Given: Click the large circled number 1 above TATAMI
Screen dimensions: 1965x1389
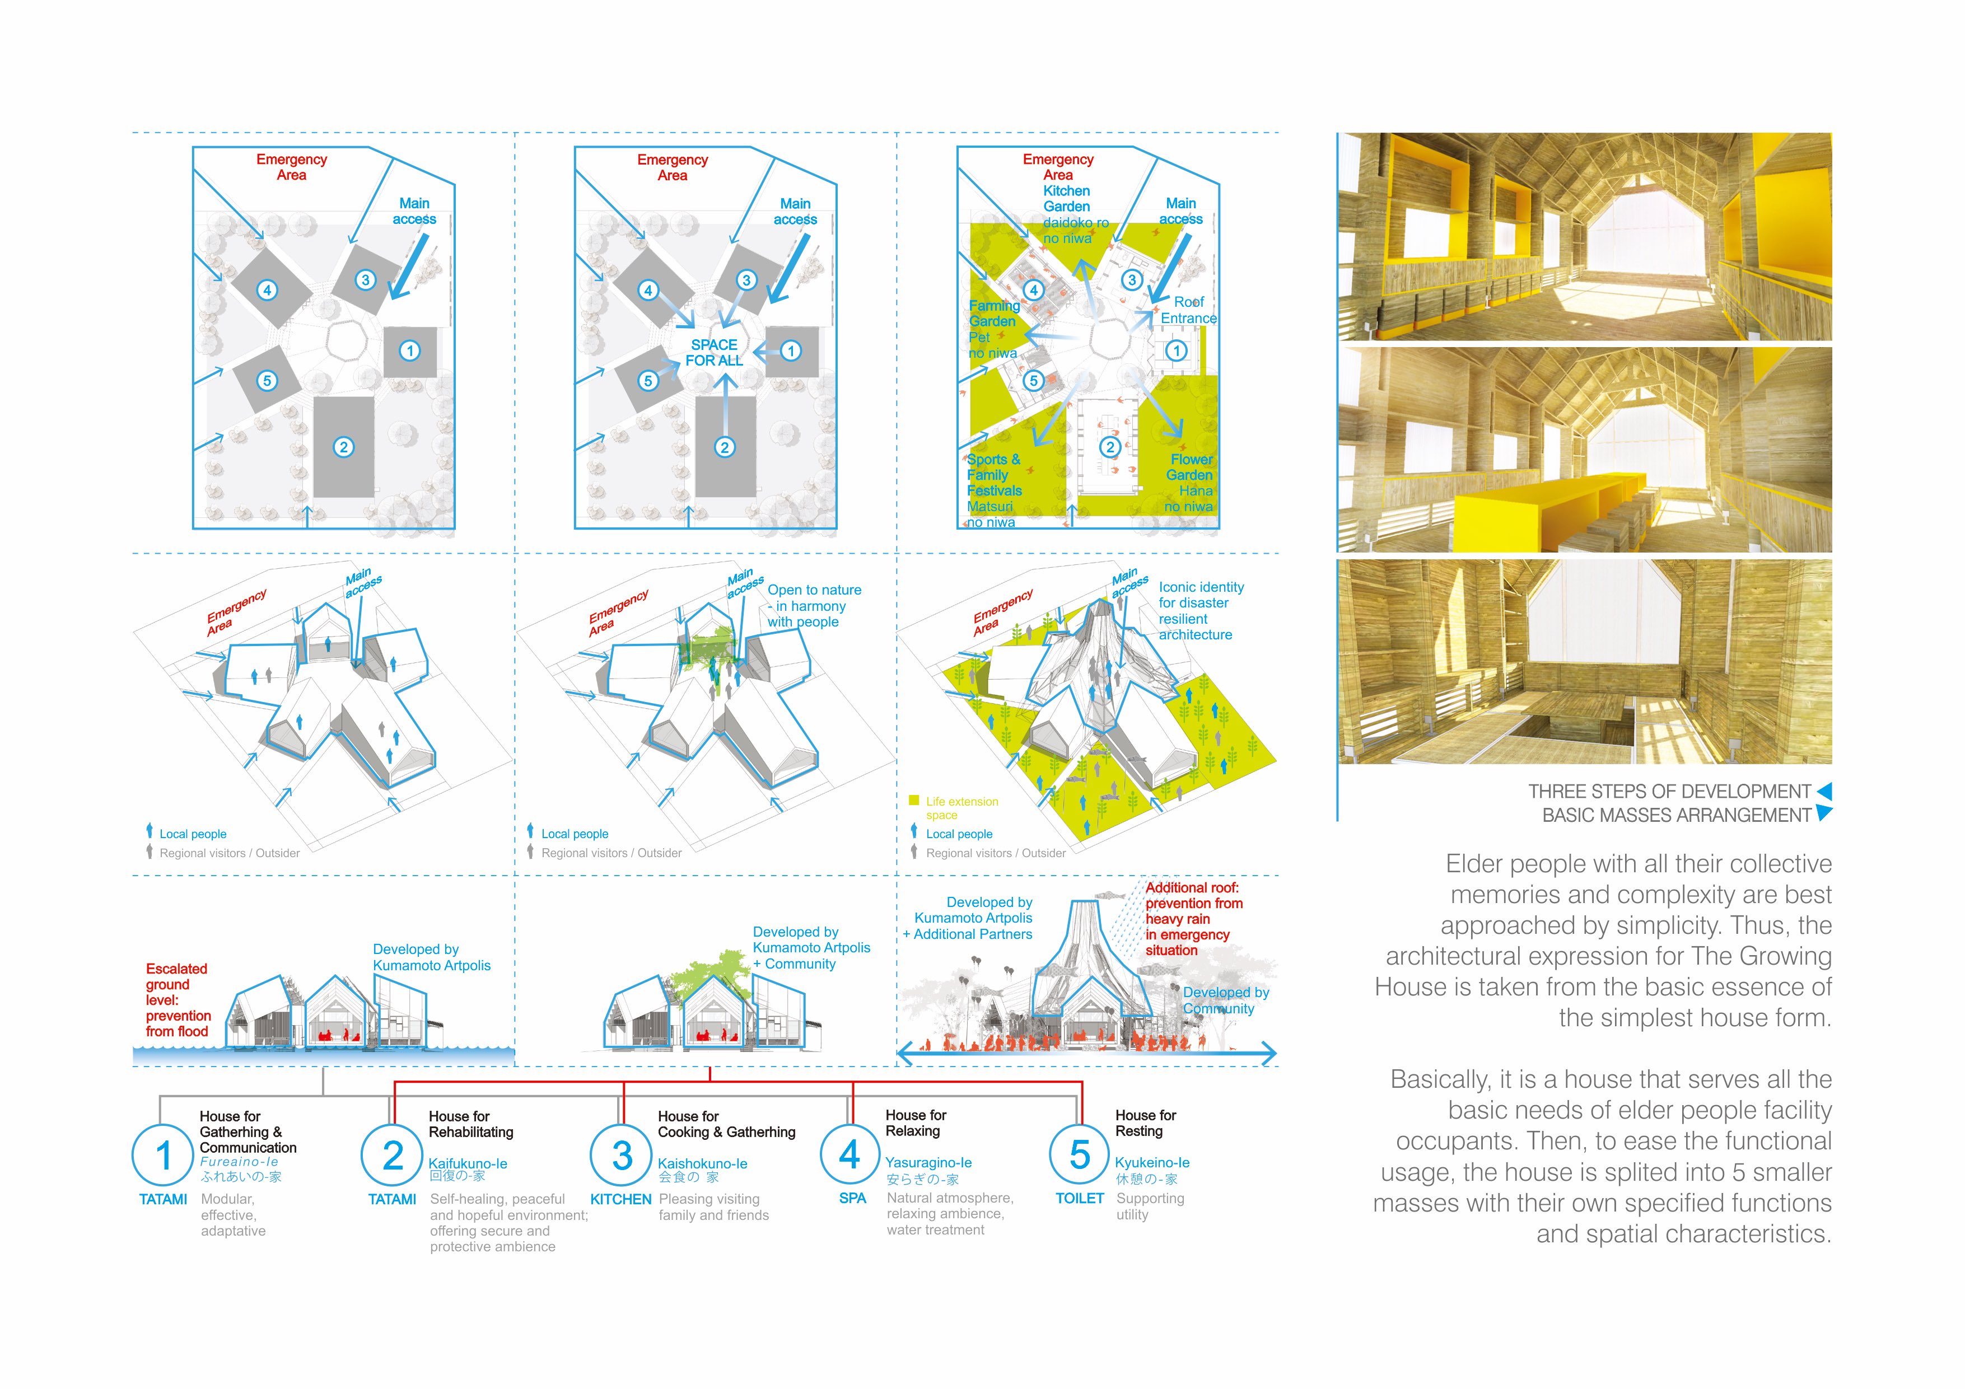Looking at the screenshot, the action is click(x=162, y=1156).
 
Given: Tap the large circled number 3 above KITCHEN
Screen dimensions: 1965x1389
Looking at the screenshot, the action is click(x=622, y=1156).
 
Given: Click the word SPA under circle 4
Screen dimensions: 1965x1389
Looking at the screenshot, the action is click(x=852, y=1198).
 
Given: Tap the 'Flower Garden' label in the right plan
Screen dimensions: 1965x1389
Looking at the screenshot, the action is click(x=1191, y=467).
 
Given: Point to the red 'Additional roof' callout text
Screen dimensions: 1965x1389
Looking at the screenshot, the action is click(x=1193, y=918).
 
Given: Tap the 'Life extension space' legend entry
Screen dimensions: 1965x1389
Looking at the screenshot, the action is click(x=961, y=807).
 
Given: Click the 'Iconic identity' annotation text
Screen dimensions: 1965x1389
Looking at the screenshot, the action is click(x=1200, y=610).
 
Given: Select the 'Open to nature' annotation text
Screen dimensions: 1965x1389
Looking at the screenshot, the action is click(x=814, y=605).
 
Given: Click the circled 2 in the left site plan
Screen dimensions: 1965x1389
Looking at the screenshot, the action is click(x=343, y=447).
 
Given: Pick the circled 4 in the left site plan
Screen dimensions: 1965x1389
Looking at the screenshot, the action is click(x=267, y=290).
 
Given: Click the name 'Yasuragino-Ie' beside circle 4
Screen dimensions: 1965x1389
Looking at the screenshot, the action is click(x=928, y=1162).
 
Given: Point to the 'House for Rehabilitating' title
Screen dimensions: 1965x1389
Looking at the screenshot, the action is click(x=471, y=1124).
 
